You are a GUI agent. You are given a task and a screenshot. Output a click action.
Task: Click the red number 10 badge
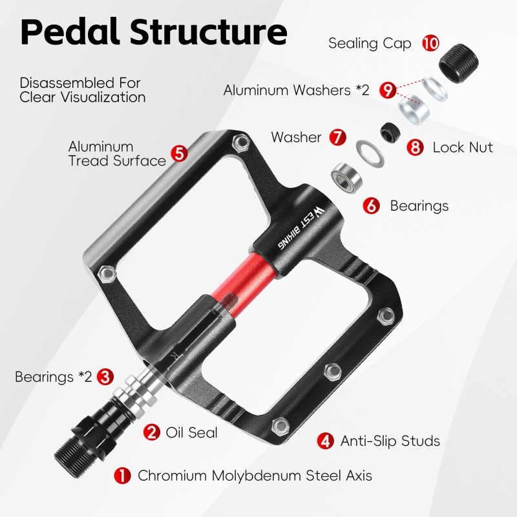431,44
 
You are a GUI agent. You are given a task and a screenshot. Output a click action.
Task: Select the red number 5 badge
179,154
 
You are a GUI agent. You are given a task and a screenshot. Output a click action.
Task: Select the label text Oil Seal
192,432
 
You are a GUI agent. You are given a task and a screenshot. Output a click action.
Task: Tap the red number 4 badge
326,441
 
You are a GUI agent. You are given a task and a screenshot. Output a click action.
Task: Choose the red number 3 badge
106,377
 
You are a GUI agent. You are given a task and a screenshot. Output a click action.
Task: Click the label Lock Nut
463,147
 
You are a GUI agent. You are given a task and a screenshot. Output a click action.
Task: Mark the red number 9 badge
388,90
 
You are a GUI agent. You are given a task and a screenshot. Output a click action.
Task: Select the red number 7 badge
337,137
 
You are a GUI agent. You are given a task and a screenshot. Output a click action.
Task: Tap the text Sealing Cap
370,44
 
